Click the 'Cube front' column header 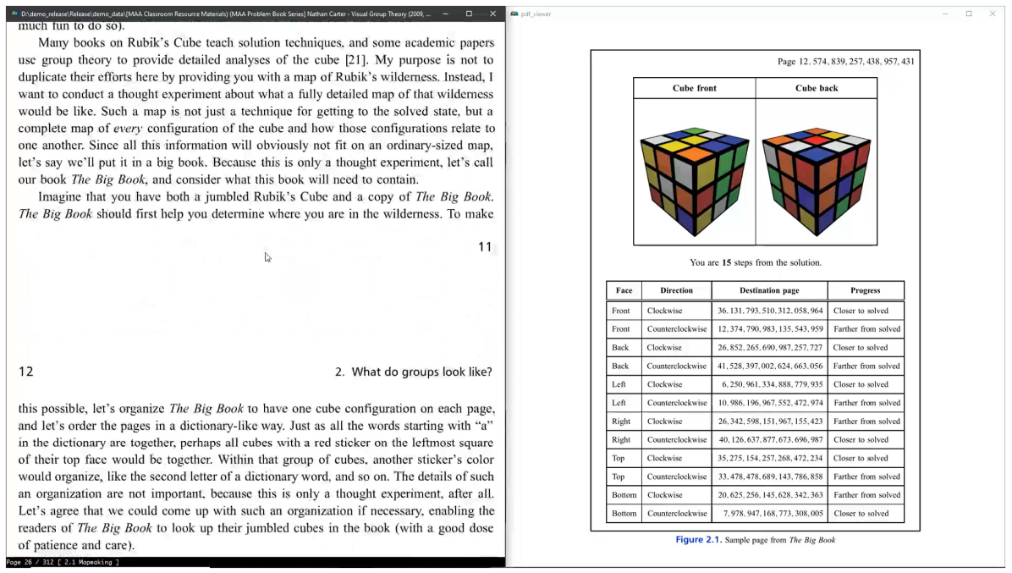pyautogui.click(x=695, y=88)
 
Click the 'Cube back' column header pyautogui.click(x=816, y=88)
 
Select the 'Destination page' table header pyautogui.click(x=769, y=290)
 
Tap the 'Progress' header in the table pyautogui.click(x=865, y=290)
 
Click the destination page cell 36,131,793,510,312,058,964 pyautogui.click(x=769, y=311)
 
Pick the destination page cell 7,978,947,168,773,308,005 pyautogui.click(x=769, y=514)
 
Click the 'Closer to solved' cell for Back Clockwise pyautogui.click(x=861, y=348)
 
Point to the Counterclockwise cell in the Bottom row pyautogui.click(x=676, y=514)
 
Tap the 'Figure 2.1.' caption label pyautogui.click(x=698, y=540)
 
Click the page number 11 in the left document pyautogui.click(x=485, y=247)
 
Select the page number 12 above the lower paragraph pyautogui.click(x=25, y=372)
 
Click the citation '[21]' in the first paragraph pyautogui.click(x=355, y=60)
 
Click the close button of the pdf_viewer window pyautogui.click(x=993, y=14)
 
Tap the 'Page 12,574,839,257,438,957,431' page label pyautogui.click(x=845, y=62)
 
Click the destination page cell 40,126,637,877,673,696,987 pyautogui.click(x=769, y=440)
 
